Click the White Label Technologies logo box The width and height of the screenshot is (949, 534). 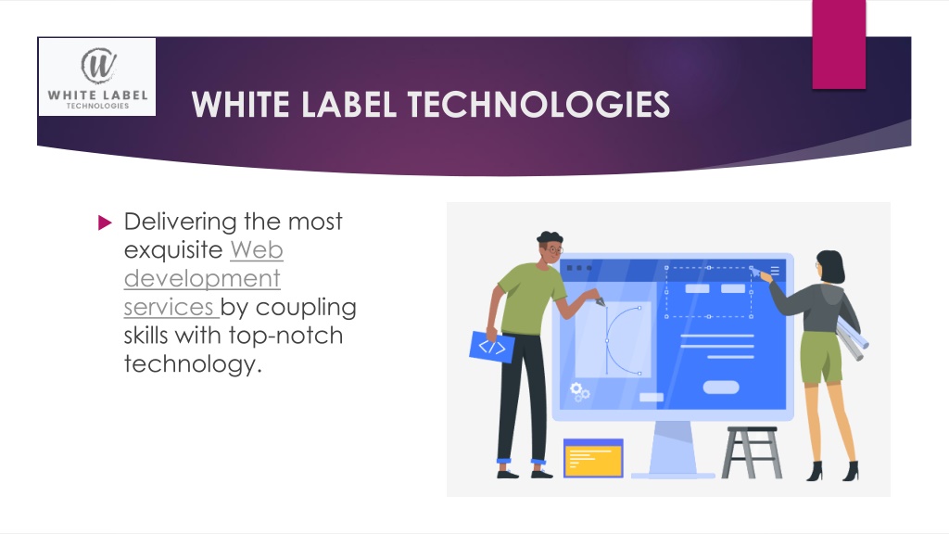click(x=96, y=77)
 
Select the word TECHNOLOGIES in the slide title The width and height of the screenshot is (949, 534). click(x=538, y=104)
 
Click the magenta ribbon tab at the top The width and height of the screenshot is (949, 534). click(x=839, y=44)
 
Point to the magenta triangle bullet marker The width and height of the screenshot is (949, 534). click(x=105, y=222)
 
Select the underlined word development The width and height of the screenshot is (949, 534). click(x=202, y=278)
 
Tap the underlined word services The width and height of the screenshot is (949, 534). click(x=169, y=307)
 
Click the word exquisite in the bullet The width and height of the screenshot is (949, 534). click(x=173, y=250)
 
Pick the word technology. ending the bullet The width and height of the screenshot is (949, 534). click(x=193, y=364)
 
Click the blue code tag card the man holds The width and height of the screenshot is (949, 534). click(x=492, y=347)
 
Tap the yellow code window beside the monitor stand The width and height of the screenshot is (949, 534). click(x=593, y=458)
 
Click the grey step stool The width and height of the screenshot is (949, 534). click(x=752, y=452)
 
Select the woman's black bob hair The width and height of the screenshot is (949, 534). click(x=831, y=266)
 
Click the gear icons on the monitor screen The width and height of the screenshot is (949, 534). click(x=579, y=392)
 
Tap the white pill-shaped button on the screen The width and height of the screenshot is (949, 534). click(x=721, y=388)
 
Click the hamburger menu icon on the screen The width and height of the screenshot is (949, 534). click(x=775, y=271)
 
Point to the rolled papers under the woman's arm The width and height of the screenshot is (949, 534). click(x=853, y=340)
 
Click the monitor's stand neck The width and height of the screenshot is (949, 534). click(x=673, y=447)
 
